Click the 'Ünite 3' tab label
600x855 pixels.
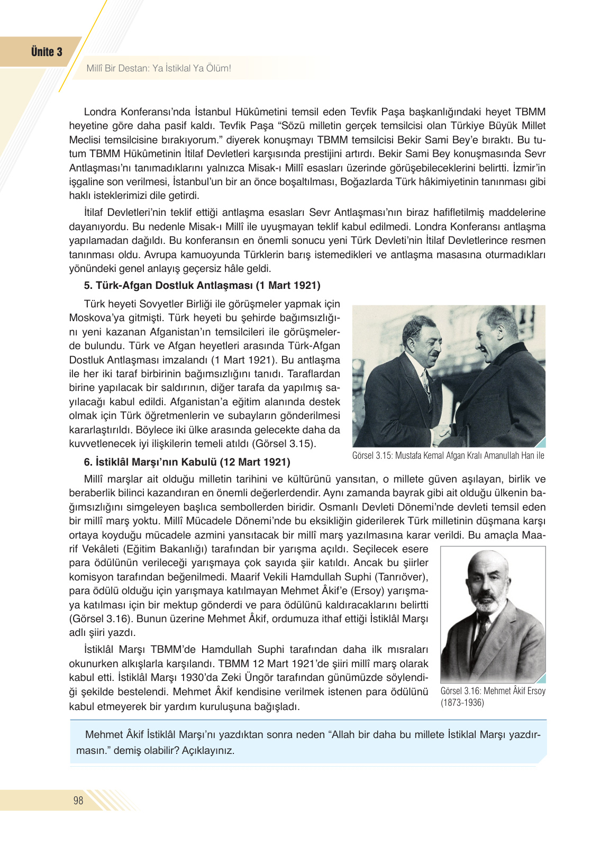click(x=47, y=52)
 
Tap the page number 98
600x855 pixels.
click(x=78, y=800)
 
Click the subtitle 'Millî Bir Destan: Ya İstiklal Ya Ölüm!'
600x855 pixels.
click(x=159, y=68)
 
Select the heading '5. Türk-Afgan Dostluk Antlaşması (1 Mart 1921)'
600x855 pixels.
click(x=202, y=286)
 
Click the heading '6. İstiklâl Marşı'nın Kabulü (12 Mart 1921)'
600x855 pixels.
click(x=187, y=462)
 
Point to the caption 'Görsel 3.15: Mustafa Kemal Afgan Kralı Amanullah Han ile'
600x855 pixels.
click(x=448, y=456)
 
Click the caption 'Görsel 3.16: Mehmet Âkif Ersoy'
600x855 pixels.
click(x=493, y=691)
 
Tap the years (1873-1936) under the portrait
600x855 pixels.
click(x=462, y=703)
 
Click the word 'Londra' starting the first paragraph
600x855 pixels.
click(x=100, y=112)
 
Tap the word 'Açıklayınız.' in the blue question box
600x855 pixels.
click(x=208, y=750)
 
